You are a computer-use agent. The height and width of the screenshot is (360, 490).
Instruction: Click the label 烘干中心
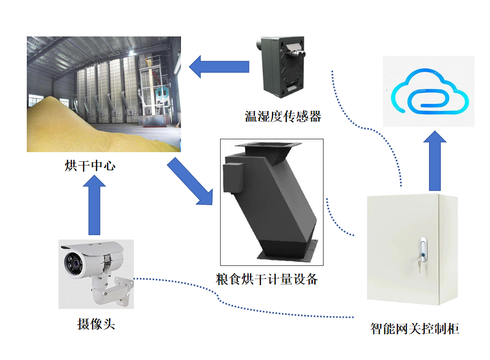89,166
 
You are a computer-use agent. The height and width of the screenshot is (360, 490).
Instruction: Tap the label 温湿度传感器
283,116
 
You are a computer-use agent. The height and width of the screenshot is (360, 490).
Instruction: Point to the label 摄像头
96,324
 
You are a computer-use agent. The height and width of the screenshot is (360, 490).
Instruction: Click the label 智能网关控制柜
415,328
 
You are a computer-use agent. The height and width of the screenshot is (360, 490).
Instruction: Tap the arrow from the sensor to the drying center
220,66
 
